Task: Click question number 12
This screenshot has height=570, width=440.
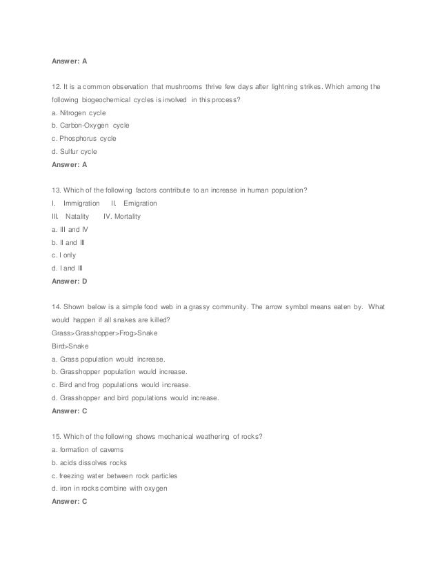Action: click(x=56, y=87)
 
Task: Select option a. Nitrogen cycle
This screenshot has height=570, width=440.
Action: click(x=78, y=112)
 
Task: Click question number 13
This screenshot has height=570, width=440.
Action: click(x=56, y=190)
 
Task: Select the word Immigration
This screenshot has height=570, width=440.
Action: click(x=81, y=204)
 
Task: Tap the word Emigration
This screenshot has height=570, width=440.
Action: click(x=140, y=204)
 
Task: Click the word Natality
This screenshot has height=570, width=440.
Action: click(x=77, y=217)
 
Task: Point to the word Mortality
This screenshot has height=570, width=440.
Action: click(x=128, y=217)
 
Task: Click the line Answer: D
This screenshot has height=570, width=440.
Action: click(x=70, y=281)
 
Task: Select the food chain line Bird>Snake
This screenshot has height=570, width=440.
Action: click(x=66, y=346)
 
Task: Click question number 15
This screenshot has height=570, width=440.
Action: click(x=56, y=437)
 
